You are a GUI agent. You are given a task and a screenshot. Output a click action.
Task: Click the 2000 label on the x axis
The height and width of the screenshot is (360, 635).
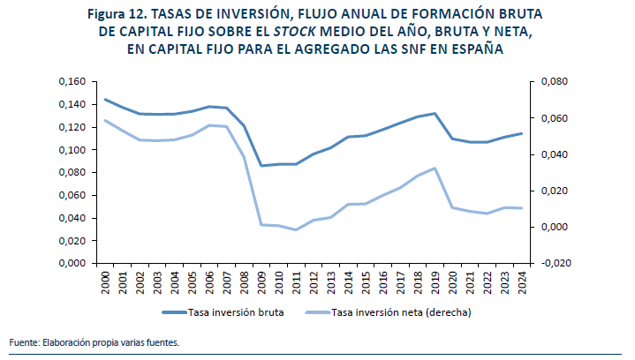click(x=106, y=282)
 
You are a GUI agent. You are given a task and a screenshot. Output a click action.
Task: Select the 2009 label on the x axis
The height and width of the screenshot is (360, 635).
click(x=262, y=282)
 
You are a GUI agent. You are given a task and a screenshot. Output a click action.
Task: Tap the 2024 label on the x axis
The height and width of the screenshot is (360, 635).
click(x=523, y=282)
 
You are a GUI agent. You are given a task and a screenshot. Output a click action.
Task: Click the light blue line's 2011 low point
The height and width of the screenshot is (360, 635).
click(x=297, y=230)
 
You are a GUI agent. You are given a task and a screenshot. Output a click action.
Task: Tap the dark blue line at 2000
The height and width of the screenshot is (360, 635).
click(x=106, y=99)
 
